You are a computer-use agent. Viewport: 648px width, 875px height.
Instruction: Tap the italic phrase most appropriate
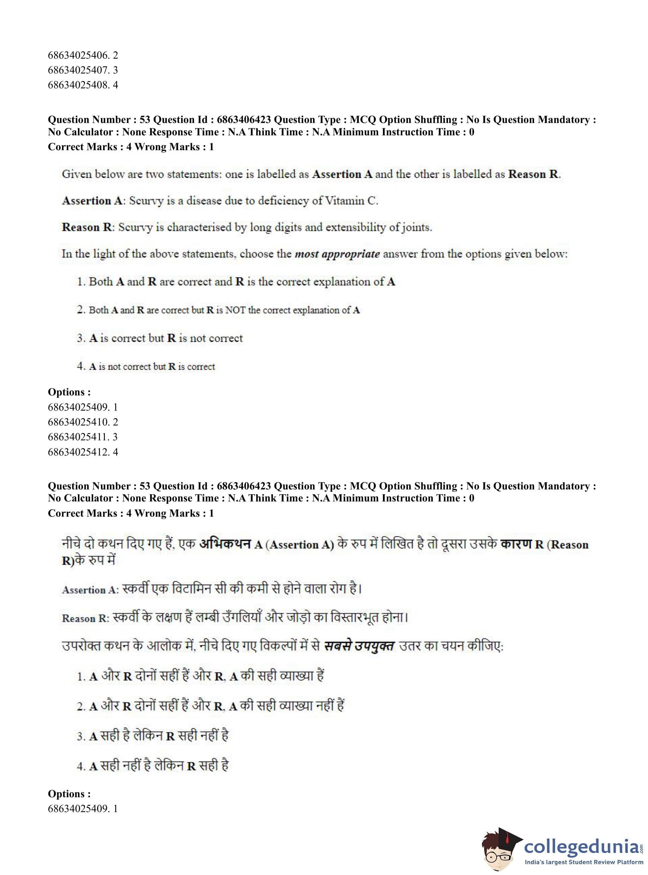(337, 254)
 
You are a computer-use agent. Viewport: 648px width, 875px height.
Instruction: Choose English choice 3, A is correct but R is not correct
(160, 338)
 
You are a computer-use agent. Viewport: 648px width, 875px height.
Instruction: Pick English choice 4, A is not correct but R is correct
(146, 367)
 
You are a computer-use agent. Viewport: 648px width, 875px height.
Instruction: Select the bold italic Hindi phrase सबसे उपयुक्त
(359, 646)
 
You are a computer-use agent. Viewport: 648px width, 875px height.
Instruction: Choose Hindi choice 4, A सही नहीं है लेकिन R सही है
(153, 766)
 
